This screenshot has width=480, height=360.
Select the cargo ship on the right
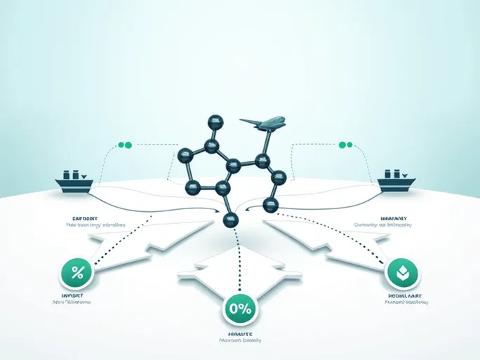tap(396, 181)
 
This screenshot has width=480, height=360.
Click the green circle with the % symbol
tap(77, 273)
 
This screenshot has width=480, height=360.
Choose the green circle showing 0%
tap(239, 308)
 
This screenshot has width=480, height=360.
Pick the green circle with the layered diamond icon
tap(404, 273)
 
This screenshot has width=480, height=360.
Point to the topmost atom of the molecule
tap(215, 120)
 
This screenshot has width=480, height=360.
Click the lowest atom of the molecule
tap(231, 220)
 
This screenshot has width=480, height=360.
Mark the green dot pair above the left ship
tap(125, 145)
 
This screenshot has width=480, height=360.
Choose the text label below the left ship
tap(91, 222)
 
